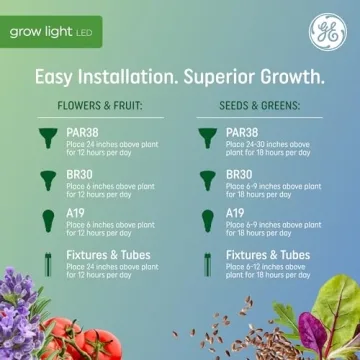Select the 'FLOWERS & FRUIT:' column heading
(x=99, y=103)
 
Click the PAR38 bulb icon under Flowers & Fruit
(x=46, y=136)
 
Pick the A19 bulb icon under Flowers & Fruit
(x=46, y=220)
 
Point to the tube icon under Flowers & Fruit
(x=46, y=263)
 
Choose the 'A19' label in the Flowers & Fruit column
(x=76, y=213)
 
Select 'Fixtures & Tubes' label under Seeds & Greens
(x=268, y=255)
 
